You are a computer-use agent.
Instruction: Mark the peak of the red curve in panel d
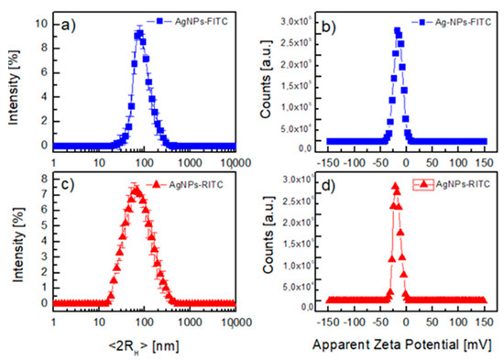click(x=395, y=186)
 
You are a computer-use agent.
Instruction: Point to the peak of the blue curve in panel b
click(x=398, y=30)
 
